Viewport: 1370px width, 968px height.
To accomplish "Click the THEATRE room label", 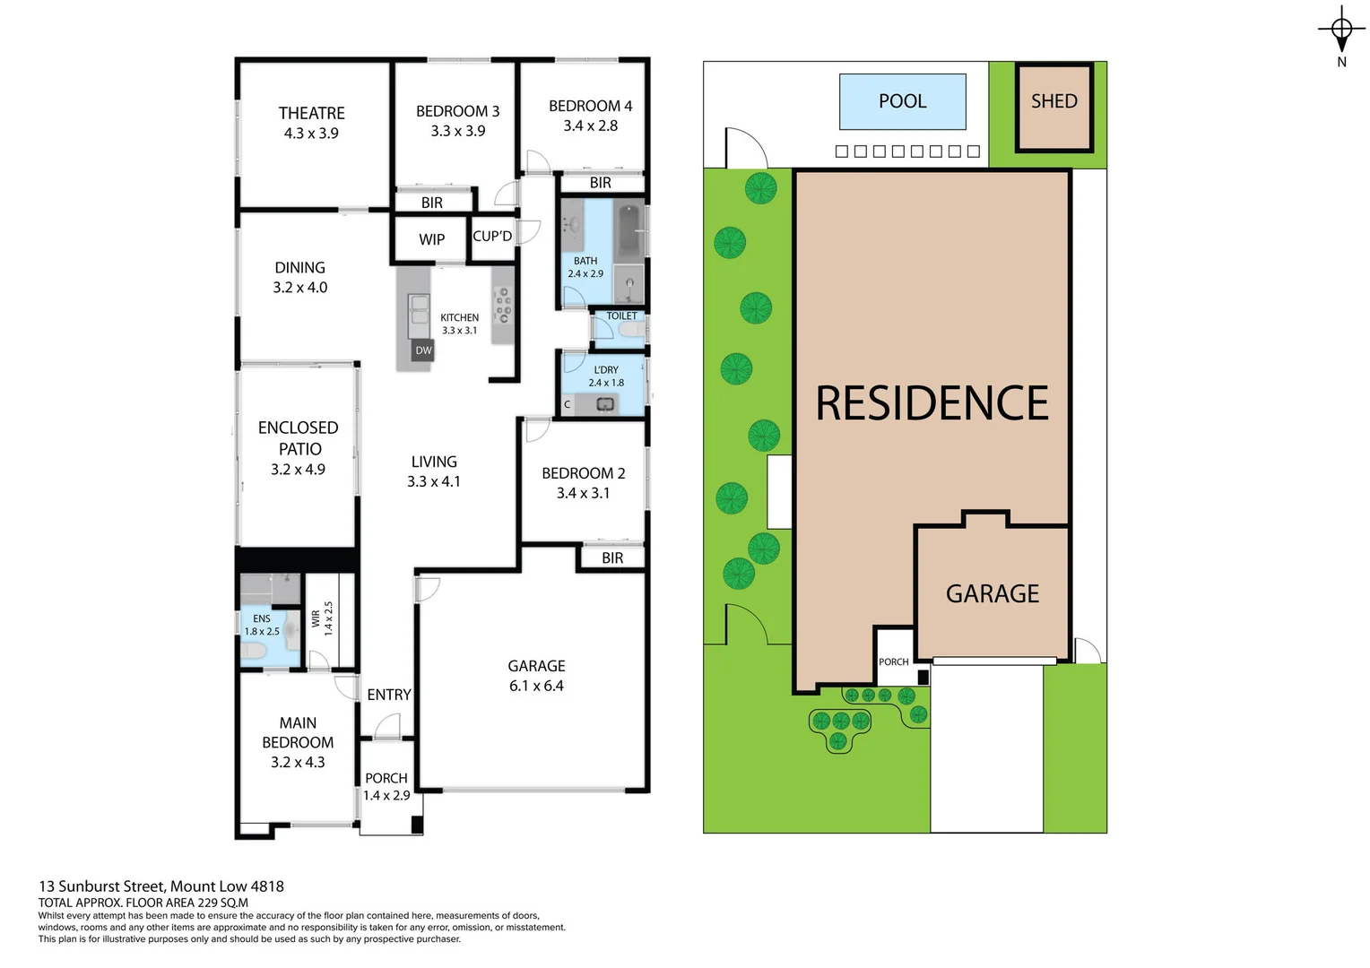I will tap(311, 113).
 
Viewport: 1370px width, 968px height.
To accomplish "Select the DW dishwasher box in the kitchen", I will tap(423, 350).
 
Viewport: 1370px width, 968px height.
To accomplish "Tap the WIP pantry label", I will tap(431, 239).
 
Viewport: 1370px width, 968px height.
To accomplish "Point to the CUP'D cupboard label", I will tap(492, 237).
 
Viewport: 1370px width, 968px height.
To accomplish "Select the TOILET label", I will tap(621, 315).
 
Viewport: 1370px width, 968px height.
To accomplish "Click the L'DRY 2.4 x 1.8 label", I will tap(606, 376).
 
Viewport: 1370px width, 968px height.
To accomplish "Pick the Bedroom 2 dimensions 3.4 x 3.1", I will tap(583, 493).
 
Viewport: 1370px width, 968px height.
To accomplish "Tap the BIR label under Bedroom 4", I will tap(600, 183).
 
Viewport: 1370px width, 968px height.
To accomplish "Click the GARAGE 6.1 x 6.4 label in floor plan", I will tap(536, 676).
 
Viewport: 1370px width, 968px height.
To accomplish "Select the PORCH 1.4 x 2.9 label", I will tap(386, 786).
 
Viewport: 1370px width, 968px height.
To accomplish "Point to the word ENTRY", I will tap(388, 695).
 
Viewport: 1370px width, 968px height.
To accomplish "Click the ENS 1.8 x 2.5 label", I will tap(262, 625).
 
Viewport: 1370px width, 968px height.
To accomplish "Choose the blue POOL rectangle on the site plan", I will tap(902, 101).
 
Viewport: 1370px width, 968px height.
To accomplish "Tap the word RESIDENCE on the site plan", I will tap(932, 403).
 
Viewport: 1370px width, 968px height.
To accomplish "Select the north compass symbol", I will tap(1341, 30).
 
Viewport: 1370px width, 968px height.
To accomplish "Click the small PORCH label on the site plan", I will tap(893, 661).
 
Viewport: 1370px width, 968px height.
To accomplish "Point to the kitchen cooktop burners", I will tap(503, 304).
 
